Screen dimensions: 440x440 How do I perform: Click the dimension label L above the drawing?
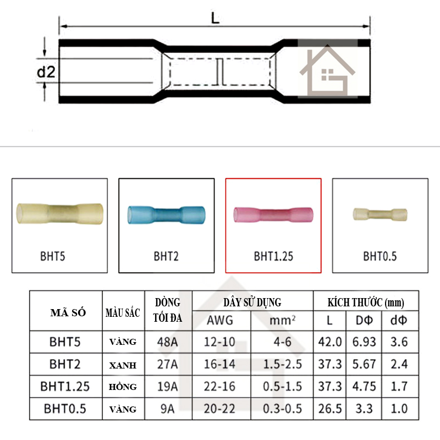point(215,18)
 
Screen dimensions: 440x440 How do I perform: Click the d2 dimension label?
point(46,71)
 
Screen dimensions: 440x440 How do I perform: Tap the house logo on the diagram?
point(324,71)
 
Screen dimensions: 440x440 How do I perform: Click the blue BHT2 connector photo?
point(166,214)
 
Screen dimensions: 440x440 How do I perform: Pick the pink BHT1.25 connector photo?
point(273,214)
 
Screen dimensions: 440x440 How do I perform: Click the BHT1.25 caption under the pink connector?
point(273,256)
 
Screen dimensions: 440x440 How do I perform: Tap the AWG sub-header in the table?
point(221,320)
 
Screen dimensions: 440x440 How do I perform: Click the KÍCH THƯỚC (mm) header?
point(366,302)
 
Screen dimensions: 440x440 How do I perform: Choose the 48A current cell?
point(168,342)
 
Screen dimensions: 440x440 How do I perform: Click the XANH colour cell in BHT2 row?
point(123,365)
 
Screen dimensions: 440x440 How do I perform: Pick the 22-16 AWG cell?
point(221,387)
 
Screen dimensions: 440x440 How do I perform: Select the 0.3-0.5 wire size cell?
point(282,409)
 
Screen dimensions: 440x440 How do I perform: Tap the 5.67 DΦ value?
point(365,364)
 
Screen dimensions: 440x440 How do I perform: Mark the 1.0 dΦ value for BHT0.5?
point(399,409)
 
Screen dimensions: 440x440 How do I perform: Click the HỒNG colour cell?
point(123,387)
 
